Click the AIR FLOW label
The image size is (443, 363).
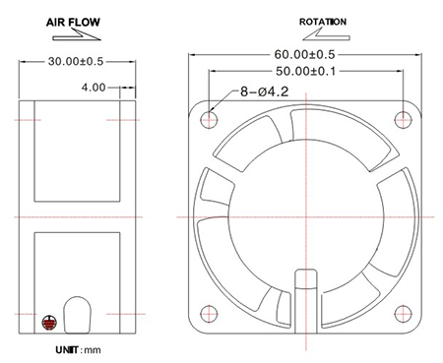(73, 23)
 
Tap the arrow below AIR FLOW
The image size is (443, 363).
(77, 35)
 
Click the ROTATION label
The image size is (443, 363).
(323, 22)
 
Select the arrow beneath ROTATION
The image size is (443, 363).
(326, 35)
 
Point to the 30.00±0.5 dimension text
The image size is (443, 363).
(76, 61)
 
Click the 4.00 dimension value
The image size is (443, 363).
(94, 88)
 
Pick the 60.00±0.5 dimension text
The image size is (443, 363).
(304, 54)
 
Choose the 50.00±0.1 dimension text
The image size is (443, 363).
(305, 71)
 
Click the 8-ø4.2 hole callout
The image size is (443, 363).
(265, 91)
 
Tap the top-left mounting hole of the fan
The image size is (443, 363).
(209, 120)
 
